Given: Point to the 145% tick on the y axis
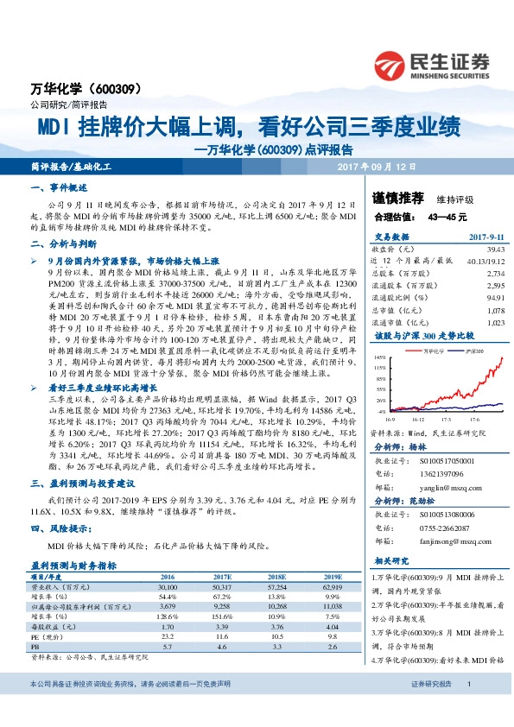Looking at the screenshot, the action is point(379,356).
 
